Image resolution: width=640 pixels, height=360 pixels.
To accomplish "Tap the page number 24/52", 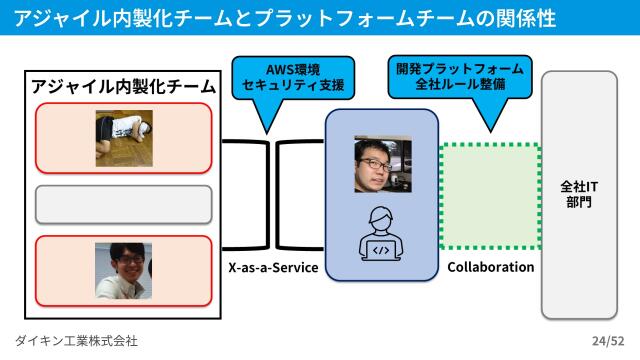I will tap(607, 341).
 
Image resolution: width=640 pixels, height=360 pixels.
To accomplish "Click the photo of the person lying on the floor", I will tap(124, 137).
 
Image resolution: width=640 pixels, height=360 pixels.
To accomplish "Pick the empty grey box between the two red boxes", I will tap(124, 204).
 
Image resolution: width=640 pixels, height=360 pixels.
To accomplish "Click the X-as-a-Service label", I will tap(273, 268).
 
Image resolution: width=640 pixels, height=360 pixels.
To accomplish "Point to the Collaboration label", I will tap(490, 268).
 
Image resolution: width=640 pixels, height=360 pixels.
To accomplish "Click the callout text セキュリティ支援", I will tap(293, 87).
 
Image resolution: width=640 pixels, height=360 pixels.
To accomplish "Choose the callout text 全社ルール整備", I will tap(459, 87).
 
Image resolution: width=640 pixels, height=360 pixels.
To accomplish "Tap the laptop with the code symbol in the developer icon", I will tap(382, 246).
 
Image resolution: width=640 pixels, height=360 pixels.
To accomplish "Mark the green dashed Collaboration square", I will tap(490, 196).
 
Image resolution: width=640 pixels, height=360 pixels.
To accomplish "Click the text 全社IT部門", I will tap(579, 193).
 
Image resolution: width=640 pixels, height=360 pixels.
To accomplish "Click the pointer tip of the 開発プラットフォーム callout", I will tap(490, 131).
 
